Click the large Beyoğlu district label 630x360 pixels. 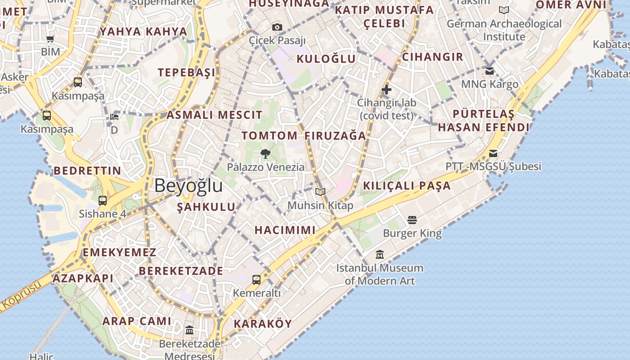coord(189,185)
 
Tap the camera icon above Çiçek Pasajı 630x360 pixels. coord(277,27)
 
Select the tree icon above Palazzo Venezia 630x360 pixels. coord(265,154)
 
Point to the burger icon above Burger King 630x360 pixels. coord(412,220)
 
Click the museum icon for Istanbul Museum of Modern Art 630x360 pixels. coord(380,255)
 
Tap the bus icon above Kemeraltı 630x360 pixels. coord(256,280)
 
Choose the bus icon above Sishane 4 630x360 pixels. coord(103,201)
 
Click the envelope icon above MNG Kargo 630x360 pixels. coord(490,71)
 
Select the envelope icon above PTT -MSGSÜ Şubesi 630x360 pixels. coord(493,153)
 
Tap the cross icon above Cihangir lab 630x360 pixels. coord(386,90)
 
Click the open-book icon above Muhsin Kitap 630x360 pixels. coord(320,192)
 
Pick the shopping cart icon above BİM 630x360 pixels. coord(50,39)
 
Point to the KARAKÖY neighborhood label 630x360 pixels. coord(263,324)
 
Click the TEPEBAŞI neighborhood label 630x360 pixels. coord(186,72)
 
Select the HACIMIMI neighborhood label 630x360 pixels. coord(285,230)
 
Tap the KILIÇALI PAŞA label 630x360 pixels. coord(407,185)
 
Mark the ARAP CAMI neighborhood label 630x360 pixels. coord(137,321)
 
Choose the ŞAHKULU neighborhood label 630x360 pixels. coord(206,207)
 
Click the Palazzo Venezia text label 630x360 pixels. coord(265,167)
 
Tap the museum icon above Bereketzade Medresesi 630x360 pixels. coord(189,330)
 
